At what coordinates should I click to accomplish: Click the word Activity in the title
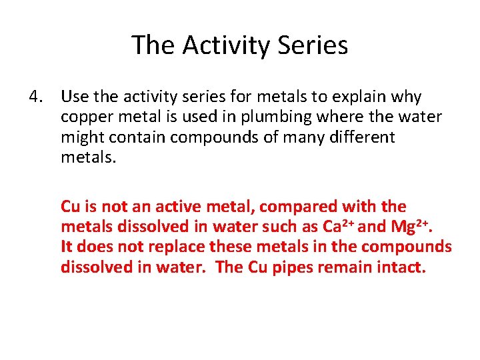point(221,45)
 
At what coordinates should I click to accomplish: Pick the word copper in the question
point(83,117)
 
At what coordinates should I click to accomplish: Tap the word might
point(79,137)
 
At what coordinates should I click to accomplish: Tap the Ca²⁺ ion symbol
point(337,226)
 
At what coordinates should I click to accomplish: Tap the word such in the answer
point(289,227)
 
